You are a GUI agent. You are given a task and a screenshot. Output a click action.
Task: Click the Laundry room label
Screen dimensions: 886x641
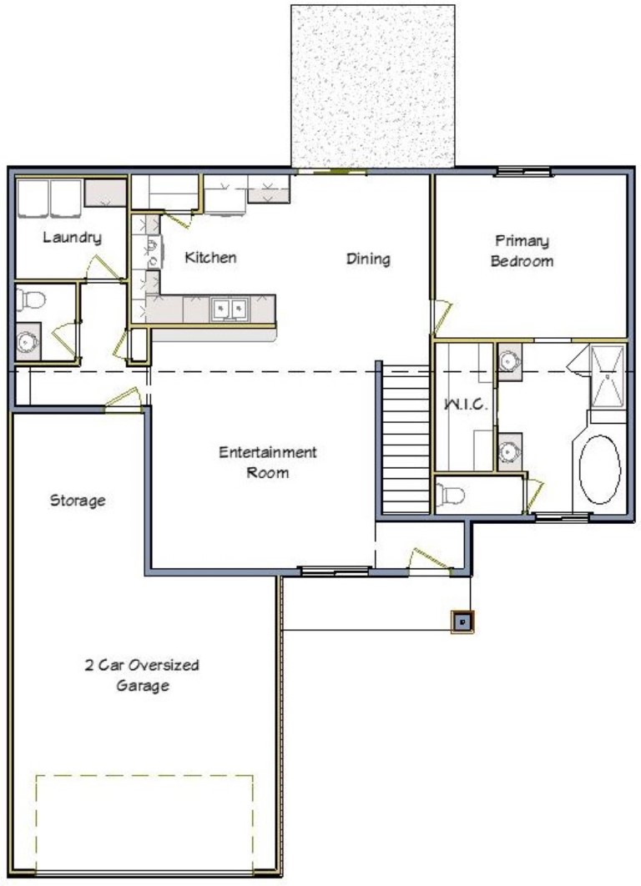pos(72,238)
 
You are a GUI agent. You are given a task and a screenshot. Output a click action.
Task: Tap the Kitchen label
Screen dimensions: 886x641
pos(209,257)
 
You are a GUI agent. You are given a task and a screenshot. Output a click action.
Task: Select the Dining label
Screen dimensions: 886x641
pos(368,259)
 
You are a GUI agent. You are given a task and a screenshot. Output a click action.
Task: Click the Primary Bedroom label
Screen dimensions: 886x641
pos(522,250)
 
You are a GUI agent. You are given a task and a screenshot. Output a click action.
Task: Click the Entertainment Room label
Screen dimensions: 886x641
pos(267,462)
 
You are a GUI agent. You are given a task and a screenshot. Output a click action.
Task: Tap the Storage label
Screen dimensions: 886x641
pos(78,501)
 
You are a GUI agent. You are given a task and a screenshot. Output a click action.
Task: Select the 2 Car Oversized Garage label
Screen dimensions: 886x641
pos(142,675)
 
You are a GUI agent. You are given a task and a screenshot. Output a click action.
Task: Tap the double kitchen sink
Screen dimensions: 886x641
pos(229,310)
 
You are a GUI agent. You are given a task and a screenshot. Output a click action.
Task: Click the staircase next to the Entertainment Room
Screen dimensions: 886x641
pos(406,438)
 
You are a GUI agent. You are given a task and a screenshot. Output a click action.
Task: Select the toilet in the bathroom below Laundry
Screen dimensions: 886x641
pos(32,300)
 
